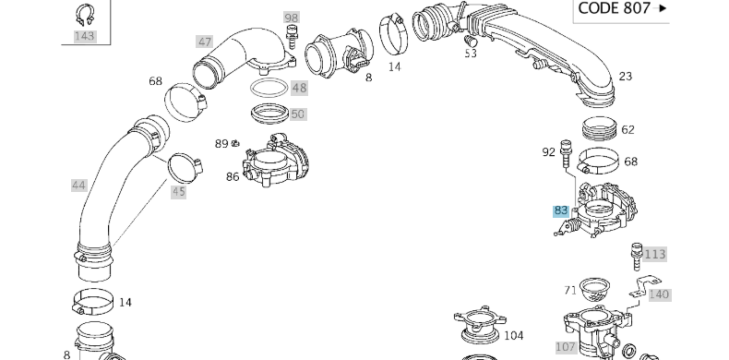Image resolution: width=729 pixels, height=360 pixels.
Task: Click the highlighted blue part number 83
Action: [561, 210]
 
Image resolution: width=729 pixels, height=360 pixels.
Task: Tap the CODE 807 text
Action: [614, 8]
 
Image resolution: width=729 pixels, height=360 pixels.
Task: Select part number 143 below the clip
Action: [85, 36]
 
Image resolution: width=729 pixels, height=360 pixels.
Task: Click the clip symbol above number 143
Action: [85, 15]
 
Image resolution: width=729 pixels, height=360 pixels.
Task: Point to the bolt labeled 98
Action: [292, 36]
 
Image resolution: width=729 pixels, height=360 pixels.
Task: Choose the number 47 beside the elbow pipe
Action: [205, 42]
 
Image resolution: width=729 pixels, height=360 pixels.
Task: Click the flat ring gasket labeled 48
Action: [269, 88]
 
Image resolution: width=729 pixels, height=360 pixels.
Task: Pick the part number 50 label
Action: [298, 114]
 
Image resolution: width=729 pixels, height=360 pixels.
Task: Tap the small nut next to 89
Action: [235, 143]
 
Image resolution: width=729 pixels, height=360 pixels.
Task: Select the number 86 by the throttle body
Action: [233, 176]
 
